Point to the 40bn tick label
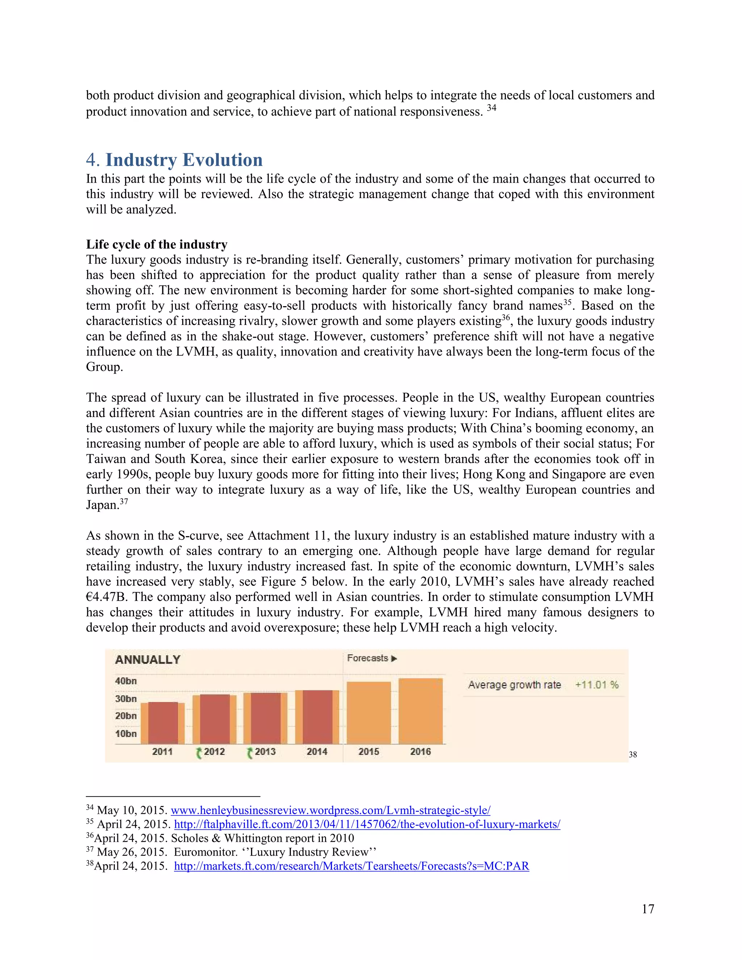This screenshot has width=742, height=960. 126,681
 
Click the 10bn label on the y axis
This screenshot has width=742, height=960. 126,734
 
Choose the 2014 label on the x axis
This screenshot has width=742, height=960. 317,752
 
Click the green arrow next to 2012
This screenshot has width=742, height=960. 199,752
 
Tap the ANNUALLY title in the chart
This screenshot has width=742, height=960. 148,659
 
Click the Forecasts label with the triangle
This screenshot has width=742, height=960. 372,658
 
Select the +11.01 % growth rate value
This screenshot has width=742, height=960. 596,684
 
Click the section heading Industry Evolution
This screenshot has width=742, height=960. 184,159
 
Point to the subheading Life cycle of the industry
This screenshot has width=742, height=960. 157,245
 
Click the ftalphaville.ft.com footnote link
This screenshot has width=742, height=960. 367,824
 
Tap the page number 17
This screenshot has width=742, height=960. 647,909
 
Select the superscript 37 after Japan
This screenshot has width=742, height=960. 124,501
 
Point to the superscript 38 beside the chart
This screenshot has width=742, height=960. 633,755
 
